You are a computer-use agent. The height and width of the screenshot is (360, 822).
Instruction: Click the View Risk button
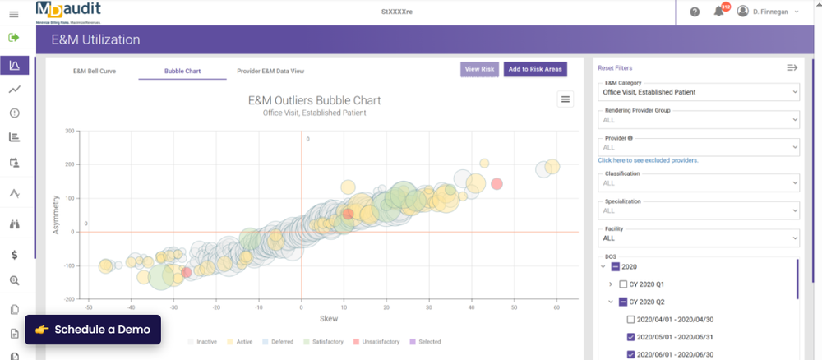coord(479,69)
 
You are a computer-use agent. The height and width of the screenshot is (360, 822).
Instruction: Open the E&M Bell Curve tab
coord(95,71)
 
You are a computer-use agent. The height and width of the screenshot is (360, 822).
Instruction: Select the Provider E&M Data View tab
coord(270,71)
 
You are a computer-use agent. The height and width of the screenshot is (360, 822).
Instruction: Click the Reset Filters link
coord(615,68)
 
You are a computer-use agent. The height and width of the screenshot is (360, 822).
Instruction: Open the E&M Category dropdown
coord(699,92)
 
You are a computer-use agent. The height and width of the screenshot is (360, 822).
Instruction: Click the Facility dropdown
coord(699,238)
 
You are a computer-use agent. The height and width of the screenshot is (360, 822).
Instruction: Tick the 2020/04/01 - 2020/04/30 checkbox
coord(630,320)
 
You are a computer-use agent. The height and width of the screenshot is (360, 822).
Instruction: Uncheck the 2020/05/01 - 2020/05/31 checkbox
coord(630,337)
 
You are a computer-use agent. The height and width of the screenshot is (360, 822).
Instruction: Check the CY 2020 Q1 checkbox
coord(623,284)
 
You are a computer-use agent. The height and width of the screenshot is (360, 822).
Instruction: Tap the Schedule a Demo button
coord(93,330)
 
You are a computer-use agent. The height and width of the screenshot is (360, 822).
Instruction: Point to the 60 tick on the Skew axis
coord(556,307)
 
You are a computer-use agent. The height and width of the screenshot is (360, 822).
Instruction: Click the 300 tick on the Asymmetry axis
coord(69,131)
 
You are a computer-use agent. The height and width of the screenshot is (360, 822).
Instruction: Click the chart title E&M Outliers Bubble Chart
coord(315,100)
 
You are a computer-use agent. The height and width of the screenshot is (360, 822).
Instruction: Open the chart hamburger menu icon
coord(565,99)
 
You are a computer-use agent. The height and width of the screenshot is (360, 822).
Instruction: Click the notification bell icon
coord(718,12)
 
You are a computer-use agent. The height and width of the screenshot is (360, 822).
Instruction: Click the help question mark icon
coord(695,12)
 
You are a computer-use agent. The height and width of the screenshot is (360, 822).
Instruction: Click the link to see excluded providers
coord(649,160)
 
